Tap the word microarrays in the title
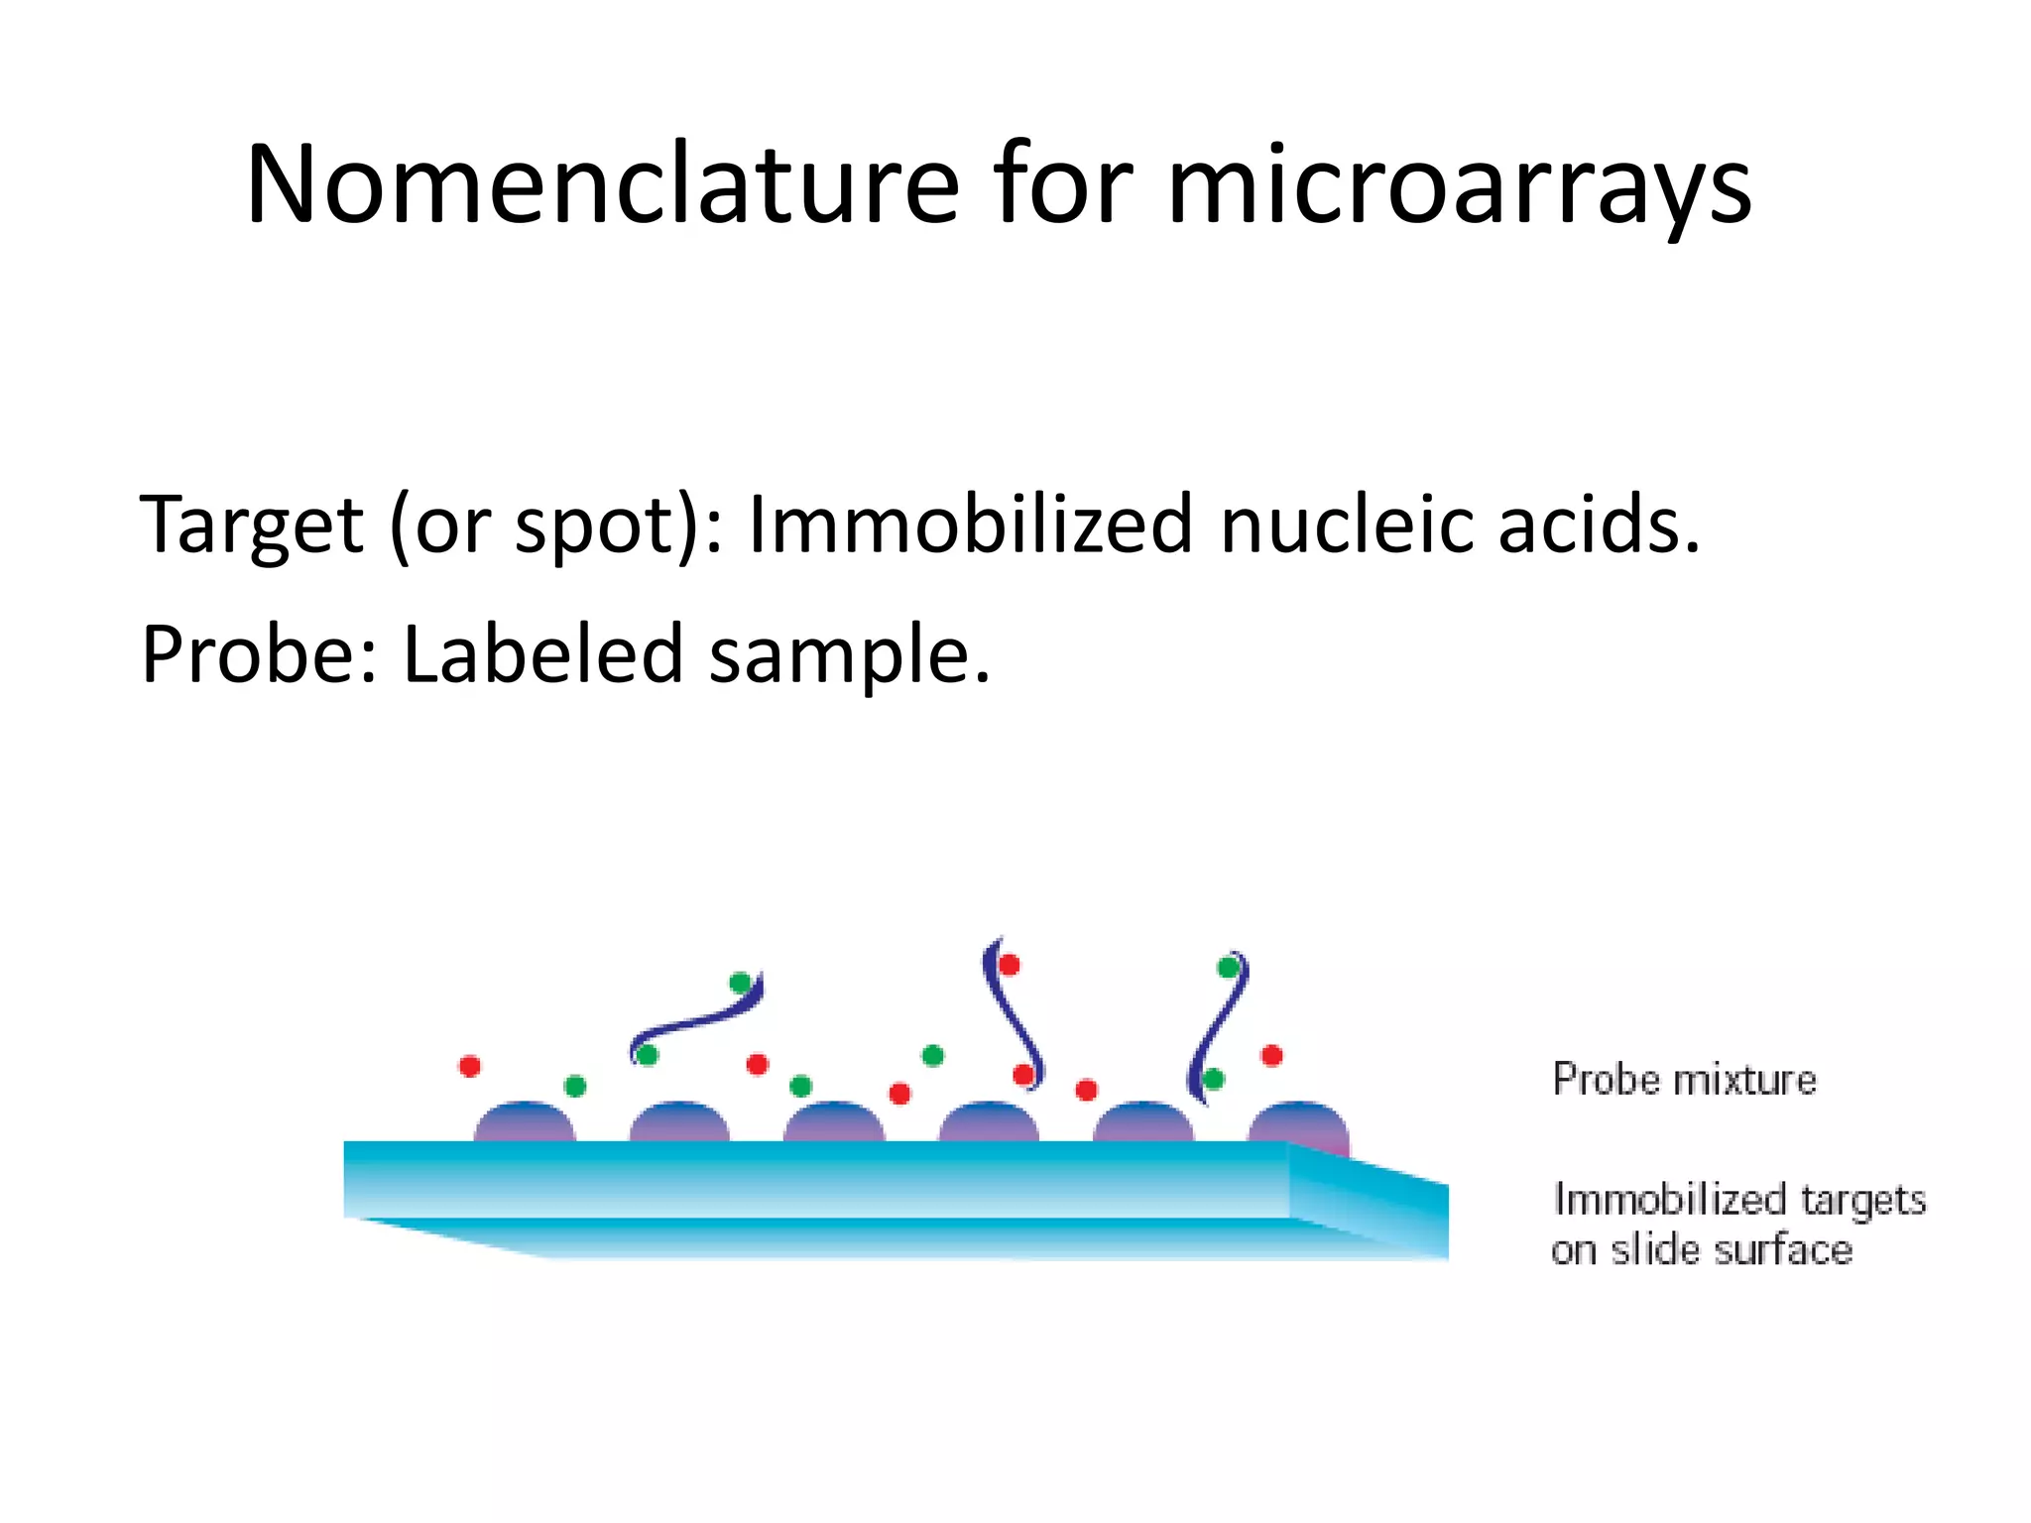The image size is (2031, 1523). [x=1460, y=185]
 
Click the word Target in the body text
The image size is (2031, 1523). [x=252, y=525]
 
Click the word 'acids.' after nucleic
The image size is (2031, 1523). [x=1599, y=525]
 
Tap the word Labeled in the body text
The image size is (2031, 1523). [x=543, y=654]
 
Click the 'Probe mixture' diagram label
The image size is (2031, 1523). [x=1684, y=1080]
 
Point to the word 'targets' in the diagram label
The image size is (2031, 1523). [x=1862, y=1200]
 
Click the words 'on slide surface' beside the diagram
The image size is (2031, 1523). [x=1702, y=1250]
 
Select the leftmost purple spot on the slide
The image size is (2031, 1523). [x=524, y=1122]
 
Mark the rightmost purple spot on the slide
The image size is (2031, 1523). [x=1299, y=1123]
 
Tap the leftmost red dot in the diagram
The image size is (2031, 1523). [x=470, y=1066]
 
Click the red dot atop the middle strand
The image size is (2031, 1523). [x=1010, y=965]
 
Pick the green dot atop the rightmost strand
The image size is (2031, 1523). [x=1229, y=967]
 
